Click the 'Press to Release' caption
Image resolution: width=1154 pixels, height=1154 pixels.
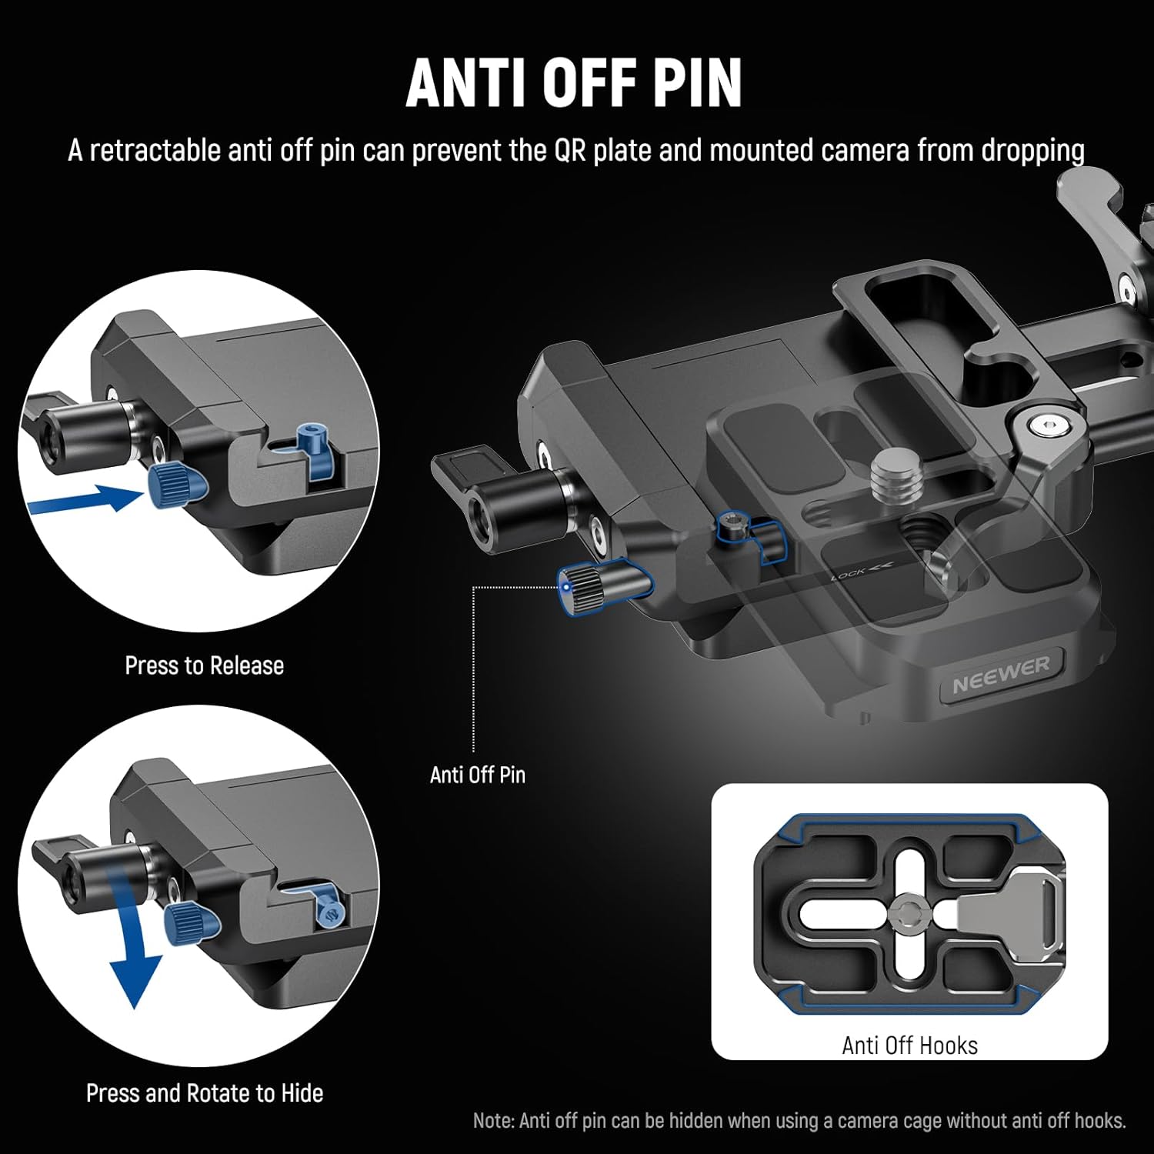[204, 665]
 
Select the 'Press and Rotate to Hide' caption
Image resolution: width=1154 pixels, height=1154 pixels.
[204, 1092]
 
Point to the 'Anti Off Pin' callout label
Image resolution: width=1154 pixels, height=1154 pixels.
[477, 775]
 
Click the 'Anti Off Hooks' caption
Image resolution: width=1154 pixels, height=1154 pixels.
[909, 1046]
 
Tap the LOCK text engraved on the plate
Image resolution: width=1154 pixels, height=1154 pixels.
[848, 574]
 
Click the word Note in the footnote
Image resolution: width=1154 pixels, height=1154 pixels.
[493, 1121]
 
